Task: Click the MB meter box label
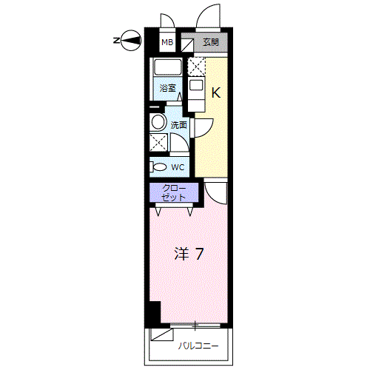pos(167,42)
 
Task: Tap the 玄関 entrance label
pos(211,42)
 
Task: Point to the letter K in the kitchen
pos(216,92)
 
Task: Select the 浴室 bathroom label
pos(168,88)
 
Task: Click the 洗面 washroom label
pos(179,125)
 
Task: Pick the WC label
pos(178,167)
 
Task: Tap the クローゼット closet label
pos(174,192)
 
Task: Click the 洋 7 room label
pos(189,254)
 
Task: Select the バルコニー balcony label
pos(198,346)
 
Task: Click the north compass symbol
pos(132,41)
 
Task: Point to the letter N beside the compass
pos(116,41)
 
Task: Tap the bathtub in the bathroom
pos(167,67)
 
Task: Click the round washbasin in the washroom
pos(158,122)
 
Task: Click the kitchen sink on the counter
pos(196,86)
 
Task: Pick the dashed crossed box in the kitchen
pos(196,67)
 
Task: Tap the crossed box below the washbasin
pos(158,142)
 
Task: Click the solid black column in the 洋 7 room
pos(155,312)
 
